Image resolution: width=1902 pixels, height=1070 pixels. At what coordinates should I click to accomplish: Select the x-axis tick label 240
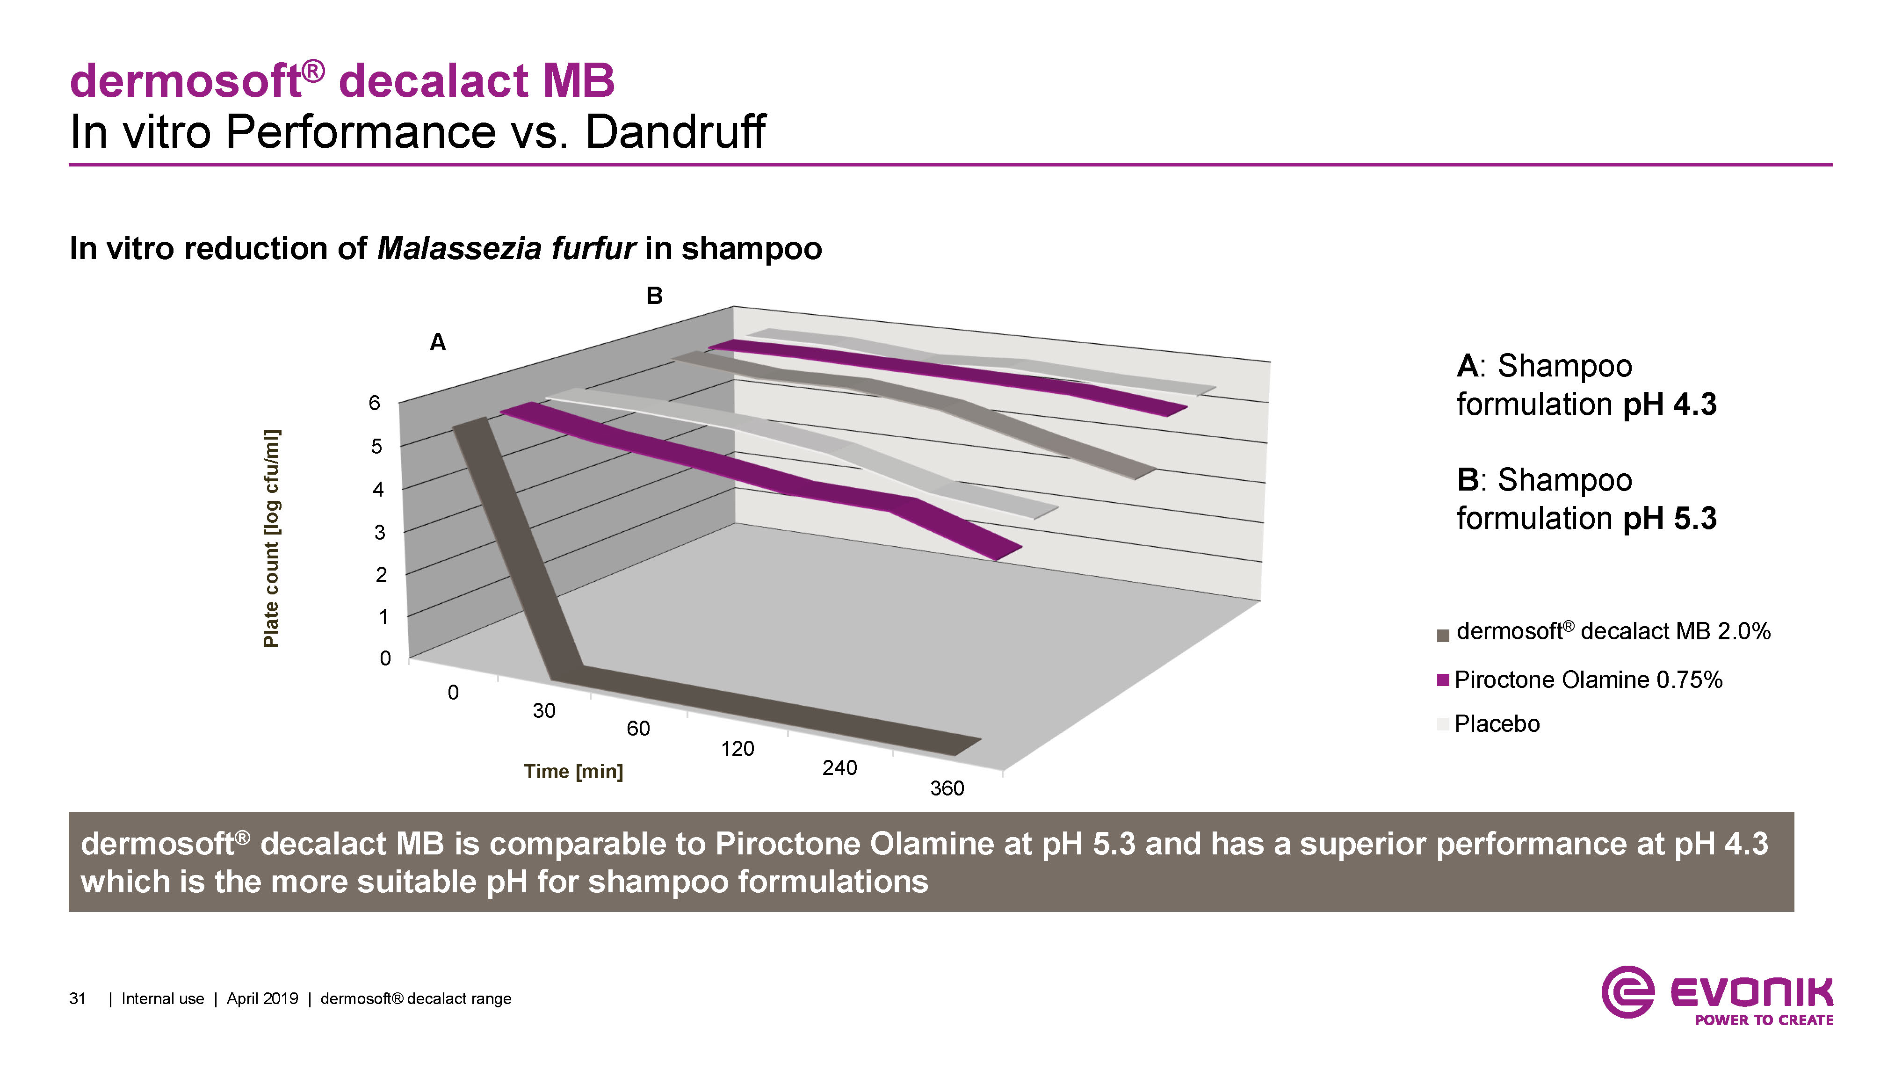[x=839, y=768]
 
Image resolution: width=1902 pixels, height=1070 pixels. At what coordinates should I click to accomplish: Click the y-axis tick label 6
[x=374, y=403]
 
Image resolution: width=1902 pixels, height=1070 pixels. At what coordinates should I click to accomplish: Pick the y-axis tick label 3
[x=380, y=532]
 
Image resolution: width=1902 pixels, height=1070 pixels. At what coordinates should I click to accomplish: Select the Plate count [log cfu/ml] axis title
[x=271, y=538]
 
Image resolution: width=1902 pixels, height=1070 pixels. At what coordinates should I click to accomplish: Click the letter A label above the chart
[x=438, y=343]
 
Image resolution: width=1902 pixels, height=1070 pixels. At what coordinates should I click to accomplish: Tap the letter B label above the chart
[x=654, y=296]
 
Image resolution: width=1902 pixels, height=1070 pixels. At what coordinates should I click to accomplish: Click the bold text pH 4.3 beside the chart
[x=1670, y=405]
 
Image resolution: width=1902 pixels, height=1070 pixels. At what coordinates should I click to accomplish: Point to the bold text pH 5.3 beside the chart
[x=1670, y=518]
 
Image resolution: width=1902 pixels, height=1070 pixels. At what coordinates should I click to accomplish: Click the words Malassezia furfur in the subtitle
[x=506, y=249]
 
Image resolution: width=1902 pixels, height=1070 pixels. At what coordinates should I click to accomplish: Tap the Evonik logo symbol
[x=1627, y=992]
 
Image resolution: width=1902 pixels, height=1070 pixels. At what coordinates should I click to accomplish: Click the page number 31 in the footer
[x=78, y=999]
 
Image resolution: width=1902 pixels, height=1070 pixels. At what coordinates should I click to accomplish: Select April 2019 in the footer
[x=262, y=999]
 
